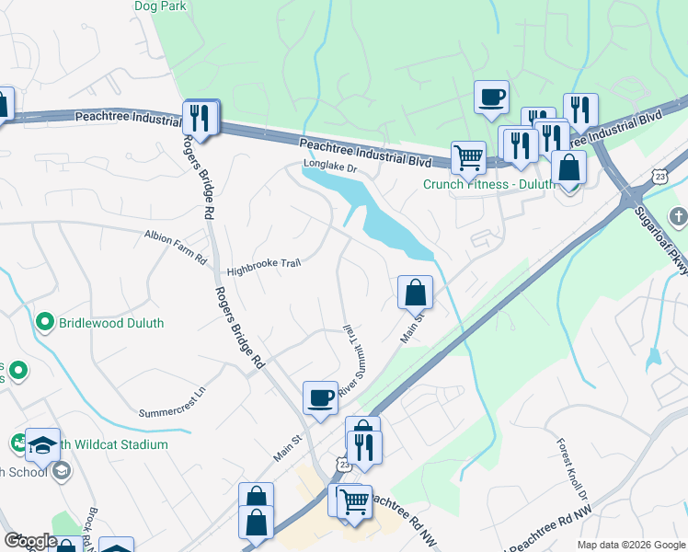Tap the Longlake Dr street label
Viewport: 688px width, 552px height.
point(329,168)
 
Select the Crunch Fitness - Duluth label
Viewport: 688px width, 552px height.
point(488,184)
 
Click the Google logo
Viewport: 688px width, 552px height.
point(30,541)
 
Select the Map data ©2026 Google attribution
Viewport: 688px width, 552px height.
point(630,544)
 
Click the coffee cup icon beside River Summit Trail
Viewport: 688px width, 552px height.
point(320,397)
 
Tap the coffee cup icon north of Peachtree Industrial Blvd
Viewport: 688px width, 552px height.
point(491,96)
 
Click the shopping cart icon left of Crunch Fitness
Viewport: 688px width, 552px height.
point(468,157)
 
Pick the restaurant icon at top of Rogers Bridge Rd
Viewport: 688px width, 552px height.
point(199,117)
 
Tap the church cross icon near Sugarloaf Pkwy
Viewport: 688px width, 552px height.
point(679,218)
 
